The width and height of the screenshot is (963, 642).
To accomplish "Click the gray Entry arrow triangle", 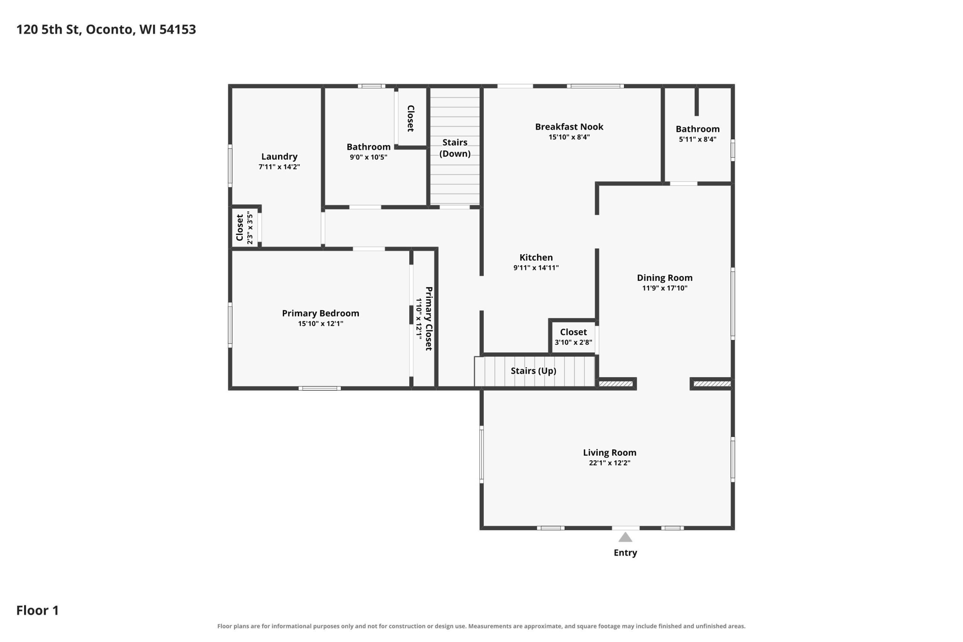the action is pos(625,537).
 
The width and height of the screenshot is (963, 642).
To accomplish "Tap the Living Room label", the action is pos(609,452).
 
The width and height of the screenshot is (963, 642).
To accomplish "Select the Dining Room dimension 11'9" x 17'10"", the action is pos(665,288).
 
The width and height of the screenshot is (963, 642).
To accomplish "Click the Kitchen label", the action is pos(536,257).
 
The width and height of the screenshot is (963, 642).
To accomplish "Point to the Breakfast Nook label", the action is pos(569,126).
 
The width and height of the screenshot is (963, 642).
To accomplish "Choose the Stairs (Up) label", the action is pos(533,370).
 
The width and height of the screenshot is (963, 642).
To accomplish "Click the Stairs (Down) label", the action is pos(454,148).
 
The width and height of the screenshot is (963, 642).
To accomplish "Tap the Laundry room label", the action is pos(279,156).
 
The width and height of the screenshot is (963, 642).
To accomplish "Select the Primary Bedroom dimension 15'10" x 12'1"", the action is pos(320,323).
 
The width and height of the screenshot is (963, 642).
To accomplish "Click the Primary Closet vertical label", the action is pos(429,319).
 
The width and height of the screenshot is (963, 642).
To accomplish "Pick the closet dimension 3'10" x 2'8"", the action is pos(573,342).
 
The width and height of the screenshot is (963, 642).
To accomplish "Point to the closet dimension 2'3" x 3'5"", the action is pos(250,228).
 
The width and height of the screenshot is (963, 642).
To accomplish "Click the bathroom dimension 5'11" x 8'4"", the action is pos(697,139).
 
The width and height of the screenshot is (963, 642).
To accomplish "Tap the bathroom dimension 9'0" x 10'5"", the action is pos(368,157).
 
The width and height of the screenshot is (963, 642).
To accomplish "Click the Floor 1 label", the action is pos(37,610).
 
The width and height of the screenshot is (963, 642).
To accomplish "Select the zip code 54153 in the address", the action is pos(178,29).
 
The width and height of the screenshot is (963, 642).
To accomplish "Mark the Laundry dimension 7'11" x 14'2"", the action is pos(279,167).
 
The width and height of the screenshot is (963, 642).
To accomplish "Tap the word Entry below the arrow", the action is pos(625,553).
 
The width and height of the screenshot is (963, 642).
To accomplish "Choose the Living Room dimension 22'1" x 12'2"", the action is pos(609,463).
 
